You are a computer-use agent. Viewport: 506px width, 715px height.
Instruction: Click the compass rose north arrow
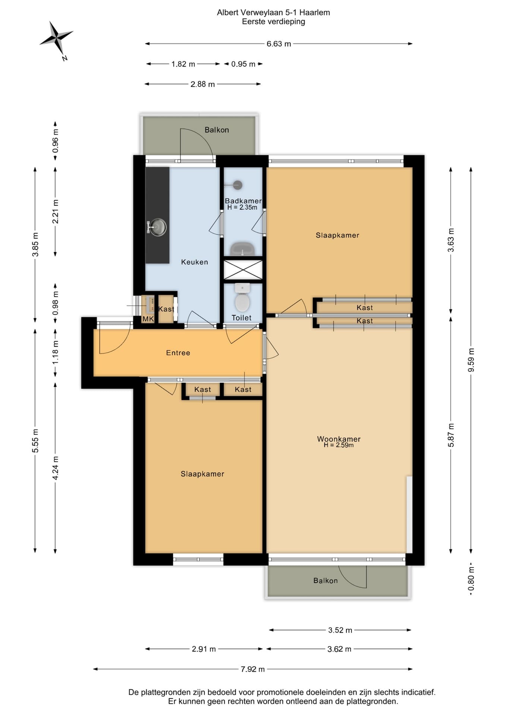pos(56,38)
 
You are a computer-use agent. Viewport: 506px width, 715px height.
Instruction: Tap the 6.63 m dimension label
pos(279,44)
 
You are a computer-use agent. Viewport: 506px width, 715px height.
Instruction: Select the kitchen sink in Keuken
pos(157,227)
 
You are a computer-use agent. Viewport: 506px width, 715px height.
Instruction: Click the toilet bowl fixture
pos(243,298)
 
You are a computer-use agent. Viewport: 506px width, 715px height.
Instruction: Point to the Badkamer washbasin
pos(243,249)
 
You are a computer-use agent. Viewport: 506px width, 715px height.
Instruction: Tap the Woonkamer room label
pos(339,439)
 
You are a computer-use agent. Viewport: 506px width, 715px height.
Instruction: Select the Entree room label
pos(178,353)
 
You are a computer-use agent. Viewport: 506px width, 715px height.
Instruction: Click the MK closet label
pos(148,319)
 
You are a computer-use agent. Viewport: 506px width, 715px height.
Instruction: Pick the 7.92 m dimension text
pos(253,669)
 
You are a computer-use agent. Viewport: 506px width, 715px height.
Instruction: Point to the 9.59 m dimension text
pos(471,360)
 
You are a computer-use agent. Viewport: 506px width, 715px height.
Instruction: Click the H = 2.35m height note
pos(242,207)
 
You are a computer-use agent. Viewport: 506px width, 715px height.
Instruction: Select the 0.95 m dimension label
pos(243,64)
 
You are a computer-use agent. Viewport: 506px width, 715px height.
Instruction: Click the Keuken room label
pos(195,262)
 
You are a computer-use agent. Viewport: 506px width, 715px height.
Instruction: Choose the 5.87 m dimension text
pos(451,435)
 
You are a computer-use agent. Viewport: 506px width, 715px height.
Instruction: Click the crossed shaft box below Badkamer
pos(243,270)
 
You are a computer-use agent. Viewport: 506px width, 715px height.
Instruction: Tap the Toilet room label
pos(241,318)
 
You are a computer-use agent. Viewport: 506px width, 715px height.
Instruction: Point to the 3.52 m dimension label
pos(340,630)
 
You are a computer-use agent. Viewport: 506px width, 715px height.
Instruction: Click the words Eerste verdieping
pos(273,22)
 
